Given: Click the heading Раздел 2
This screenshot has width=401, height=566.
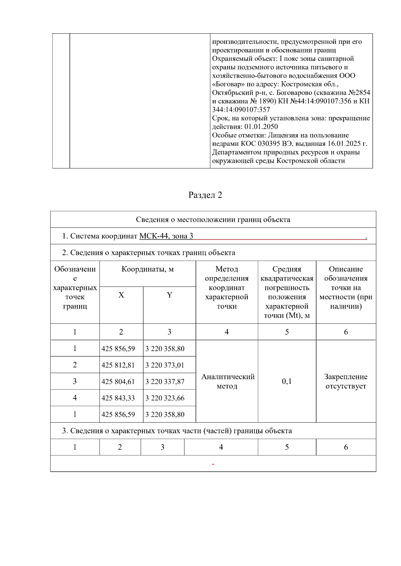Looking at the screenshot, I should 205,195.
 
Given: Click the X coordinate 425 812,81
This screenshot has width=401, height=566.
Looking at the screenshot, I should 118,365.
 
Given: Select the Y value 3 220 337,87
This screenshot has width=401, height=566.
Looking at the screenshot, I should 165,382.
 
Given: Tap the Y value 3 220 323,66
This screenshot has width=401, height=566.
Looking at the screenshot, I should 165,398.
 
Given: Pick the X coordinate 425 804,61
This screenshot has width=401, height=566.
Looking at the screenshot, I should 118,382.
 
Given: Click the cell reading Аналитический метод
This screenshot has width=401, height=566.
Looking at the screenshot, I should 227,381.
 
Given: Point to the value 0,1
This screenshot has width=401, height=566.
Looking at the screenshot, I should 287,381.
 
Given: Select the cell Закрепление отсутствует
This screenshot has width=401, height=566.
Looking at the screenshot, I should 346,381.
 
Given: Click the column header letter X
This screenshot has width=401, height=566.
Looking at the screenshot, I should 121,295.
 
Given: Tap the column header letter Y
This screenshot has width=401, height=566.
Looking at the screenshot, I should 169,295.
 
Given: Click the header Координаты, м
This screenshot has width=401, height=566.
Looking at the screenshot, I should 147,269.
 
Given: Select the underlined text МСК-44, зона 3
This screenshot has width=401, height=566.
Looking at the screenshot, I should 166,236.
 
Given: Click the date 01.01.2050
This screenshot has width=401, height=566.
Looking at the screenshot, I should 261,127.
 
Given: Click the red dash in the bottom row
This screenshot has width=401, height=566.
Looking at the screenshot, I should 213,464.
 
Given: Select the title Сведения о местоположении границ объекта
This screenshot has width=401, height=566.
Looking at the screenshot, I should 213,219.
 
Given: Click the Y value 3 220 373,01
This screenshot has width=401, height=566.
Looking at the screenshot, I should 165,365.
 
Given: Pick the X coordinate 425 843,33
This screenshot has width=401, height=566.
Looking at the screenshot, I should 118,398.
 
